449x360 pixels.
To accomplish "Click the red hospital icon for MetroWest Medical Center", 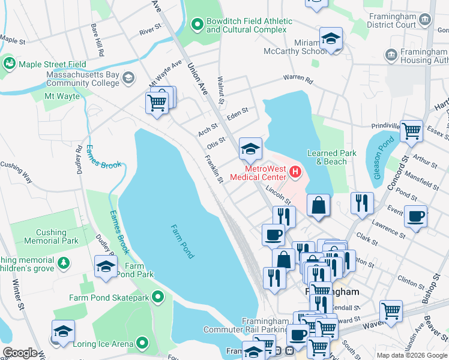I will pyautogui.click(x=295, y=172).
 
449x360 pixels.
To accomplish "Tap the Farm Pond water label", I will pyautogui.click(x=182, y=242).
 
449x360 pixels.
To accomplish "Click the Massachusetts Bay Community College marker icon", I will pyautogui.click(x=128, y=78).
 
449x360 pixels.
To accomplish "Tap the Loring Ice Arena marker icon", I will pyautogui.click(x=142, y=344).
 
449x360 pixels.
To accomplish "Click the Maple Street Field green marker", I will pyautogui.click(x=9, y=63).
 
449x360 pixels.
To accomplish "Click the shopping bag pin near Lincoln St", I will pyautogui.click(x=319, y=205).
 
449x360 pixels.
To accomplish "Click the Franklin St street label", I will pyautogui.click(x=214, y=170).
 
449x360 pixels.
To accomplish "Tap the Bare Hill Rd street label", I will pyautogui.click(x=95, y=40).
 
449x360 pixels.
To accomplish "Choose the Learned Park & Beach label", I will pyautogui.click(x=331, y=157).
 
